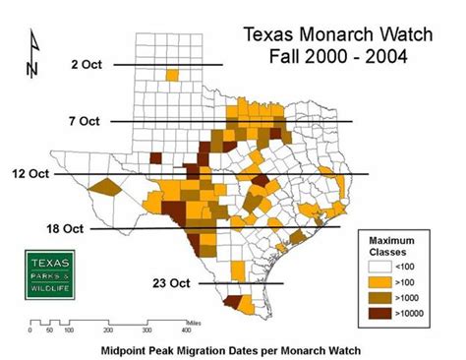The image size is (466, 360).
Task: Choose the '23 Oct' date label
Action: click(172, 283)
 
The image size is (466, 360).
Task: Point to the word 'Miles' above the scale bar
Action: click(201, 319)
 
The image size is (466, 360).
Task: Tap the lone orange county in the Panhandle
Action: click(173, 75)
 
